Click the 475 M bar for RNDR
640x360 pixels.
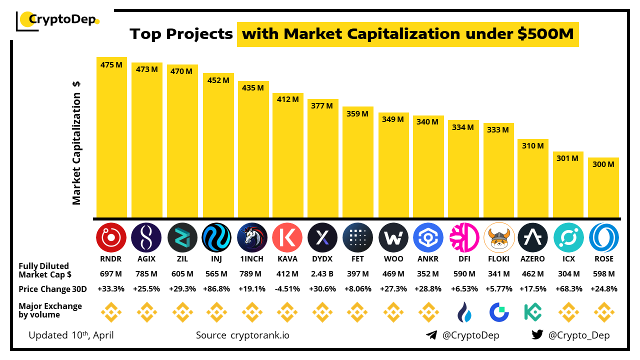pos(111,137)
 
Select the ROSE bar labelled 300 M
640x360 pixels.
pos(603,187)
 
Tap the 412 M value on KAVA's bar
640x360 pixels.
pos(287,99)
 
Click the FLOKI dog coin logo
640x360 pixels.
pos(499,237)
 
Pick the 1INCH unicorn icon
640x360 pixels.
pos(252,237)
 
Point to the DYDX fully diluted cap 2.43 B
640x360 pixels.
pos(322,274)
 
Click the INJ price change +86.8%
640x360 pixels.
pos(217,289)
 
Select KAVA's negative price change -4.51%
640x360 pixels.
pos(287,289)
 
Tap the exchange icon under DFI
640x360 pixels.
pos(464,312)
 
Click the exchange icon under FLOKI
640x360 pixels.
pos(499,312)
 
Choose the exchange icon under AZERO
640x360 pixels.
pos(533,312)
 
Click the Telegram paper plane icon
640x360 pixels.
pos(431,335)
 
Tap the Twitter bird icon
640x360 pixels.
pos(537,335)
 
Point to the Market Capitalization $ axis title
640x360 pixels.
pos(76,142)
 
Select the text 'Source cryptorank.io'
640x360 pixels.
pos(242,335)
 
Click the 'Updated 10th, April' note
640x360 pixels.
pos(71,335)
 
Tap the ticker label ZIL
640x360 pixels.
pos(182,259)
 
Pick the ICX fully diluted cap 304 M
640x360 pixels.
pos(568,274)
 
